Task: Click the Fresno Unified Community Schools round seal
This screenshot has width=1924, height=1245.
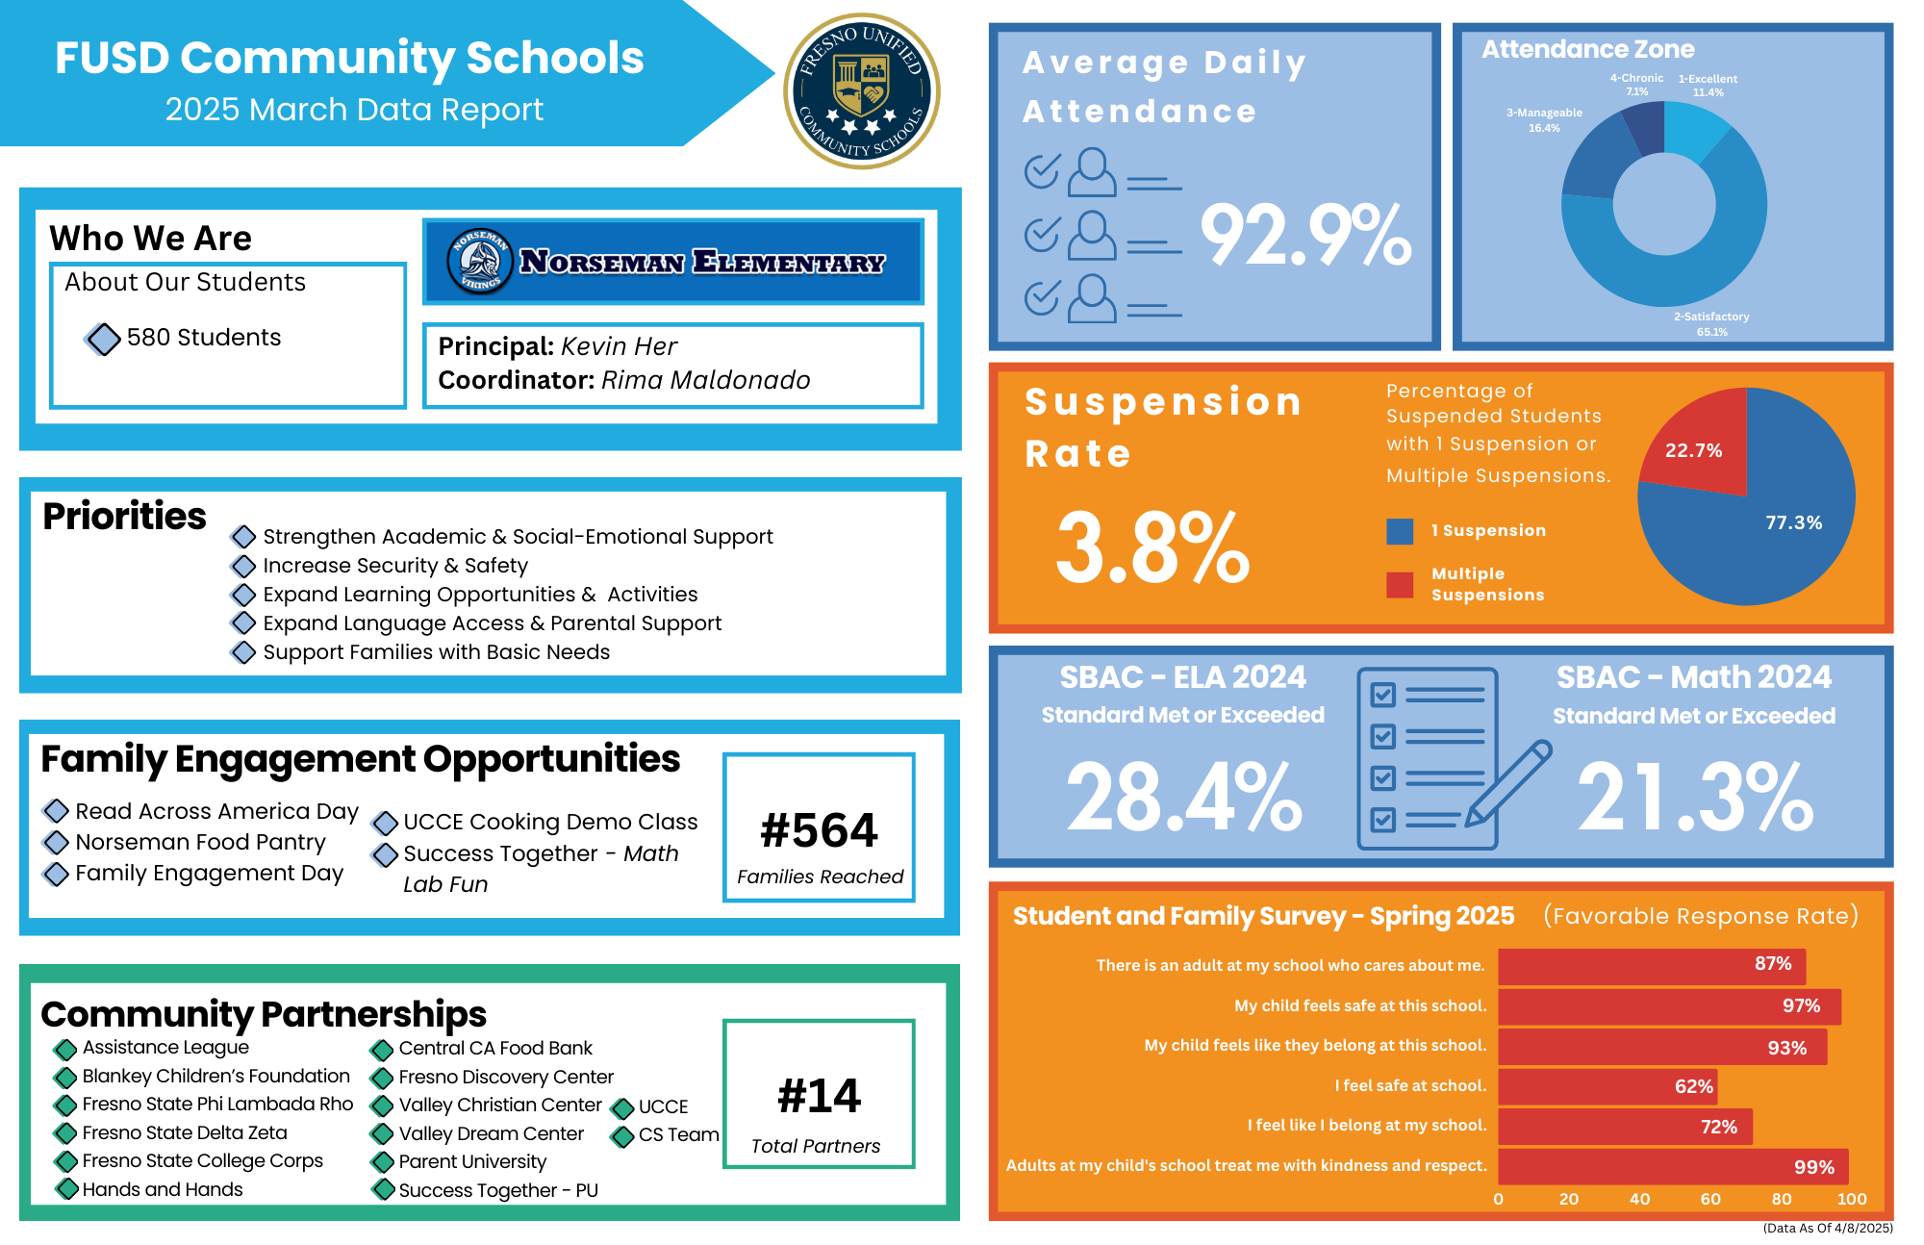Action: coord(862,91)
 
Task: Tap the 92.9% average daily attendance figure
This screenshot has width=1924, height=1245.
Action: coord(1305,235)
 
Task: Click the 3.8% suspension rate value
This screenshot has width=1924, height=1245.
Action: coord(1152,547)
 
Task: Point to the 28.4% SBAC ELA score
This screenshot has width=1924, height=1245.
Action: coord(1183,797)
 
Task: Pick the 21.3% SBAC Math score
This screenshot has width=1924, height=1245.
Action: coord(1695,797)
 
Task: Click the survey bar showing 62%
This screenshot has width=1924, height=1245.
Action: coord(1608,1086)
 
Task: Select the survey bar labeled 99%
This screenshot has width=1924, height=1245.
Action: coord(1673,1166)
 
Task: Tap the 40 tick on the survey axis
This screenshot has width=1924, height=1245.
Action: coord(1639,1199)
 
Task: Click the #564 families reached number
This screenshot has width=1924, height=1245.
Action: coord(819,829)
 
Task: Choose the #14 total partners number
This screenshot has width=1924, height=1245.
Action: coord(819,1096)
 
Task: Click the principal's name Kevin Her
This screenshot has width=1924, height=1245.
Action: coord(619,346)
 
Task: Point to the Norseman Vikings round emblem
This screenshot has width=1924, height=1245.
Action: coord(479,261)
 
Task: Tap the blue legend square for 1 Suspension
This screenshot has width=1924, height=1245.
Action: coord(1400,531)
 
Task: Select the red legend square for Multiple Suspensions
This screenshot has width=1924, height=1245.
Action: coord(1400,585)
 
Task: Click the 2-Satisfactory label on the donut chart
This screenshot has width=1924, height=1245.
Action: coord(1711,317)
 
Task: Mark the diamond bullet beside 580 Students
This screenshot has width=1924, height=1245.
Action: coord(104,339)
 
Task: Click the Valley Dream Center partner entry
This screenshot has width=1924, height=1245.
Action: coord(491,1133)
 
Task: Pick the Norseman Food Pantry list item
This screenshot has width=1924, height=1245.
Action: coord(200,842)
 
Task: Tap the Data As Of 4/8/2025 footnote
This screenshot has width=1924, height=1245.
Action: coord(1827,1228)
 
